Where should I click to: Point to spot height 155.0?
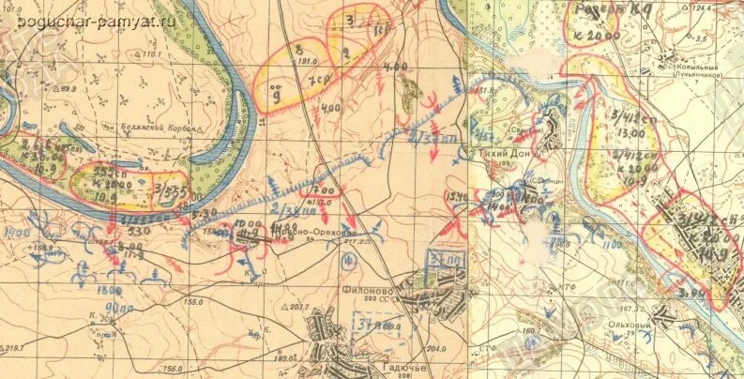(194, 301)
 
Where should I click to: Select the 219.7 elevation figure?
(12, 347)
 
